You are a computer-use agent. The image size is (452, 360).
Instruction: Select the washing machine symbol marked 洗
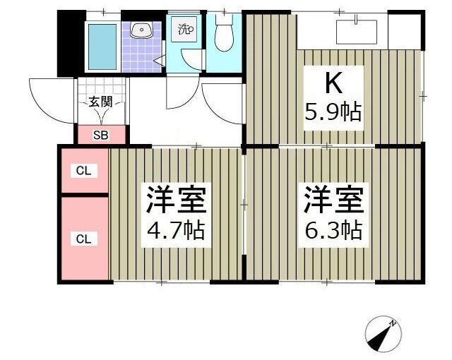point(186,30)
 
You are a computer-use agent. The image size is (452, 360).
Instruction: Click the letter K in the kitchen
point(333,84)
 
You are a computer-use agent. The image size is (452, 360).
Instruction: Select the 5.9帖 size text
point(333,112)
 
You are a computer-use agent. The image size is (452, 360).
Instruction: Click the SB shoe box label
point(101,136)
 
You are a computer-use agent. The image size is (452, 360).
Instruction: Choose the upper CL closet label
point(84,170)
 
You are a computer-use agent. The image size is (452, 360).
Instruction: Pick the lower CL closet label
point(84,239)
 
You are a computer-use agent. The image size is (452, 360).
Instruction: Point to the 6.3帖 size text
point(333,230)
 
